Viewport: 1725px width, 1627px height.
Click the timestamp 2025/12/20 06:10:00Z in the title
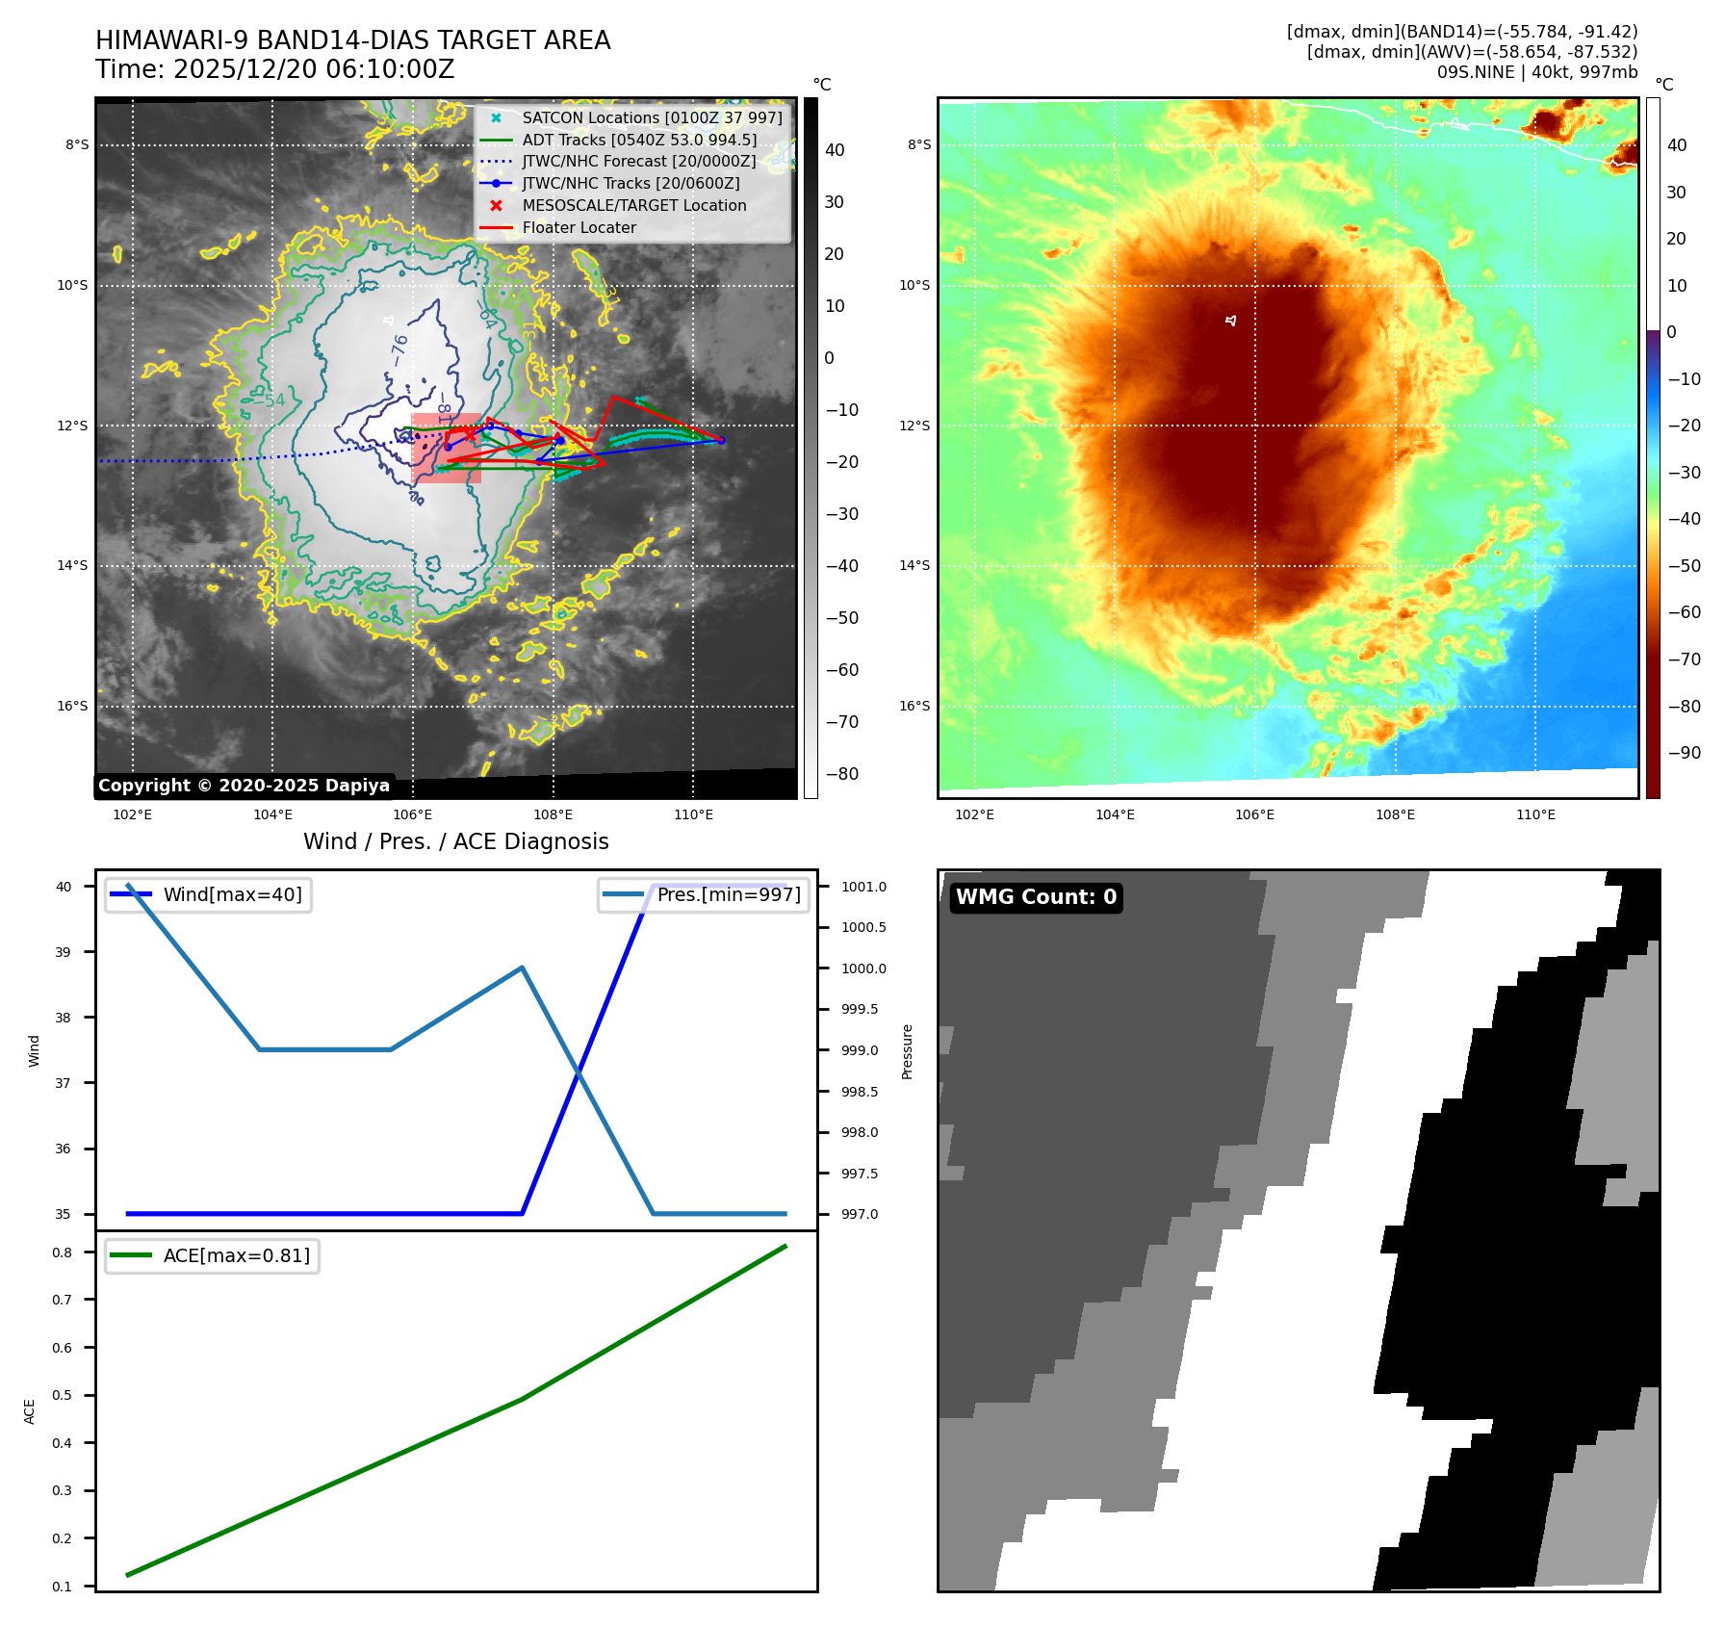pos(275,70)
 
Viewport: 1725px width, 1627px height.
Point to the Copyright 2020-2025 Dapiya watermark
pos(244,786)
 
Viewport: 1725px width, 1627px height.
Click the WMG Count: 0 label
pos(1036,897)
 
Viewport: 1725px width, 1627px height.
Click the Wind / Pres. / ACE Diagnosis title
pos(456,842)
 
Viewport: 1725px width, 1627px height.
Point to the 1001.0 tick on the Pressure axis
pos(863,887)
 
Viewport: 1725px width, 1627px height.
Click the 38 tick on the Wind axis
pos(63,1018)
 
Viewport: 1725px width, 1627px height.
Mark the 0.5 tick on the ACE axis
pos(63,1395)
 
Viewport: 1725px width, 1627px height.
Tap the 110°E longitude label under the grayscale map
pos(693,815)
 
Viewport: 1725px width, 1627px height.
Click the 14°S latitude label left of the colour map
pos(914,565)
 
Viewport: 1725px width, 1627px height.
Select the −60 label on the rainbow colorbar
pos(1684,612)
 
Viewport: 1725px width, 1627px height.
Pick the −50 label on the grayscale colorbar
pos(841,618)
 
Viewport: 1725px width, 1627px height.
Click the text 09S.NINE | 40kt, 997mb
pos(1536,72)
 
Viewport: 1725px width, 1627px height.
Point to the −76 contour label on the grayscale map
pos(399,349)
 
